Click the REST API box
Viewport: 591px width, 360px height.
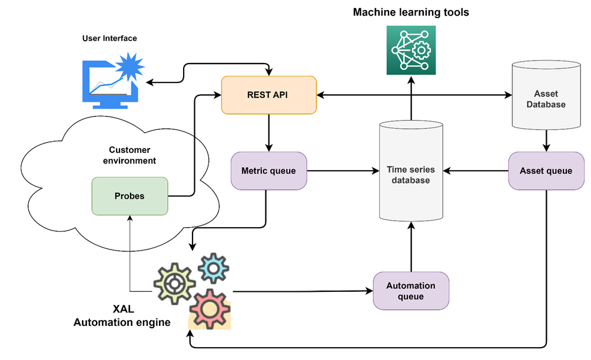coord(269,95)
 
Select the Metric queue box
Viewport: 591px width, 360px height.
coord(268,171)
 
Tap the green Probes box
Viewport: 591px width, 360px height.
coord(130,196)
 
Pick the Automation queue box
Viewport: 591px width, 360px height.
coord(411,291)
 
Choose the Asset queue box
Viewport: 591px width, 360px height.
coord(546,171)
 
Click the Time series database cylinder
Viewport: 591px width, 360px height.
coord(411,174)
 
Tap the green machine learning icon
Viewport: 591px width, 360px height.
coord(411,50)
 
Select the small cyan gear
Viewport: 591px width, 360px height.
coord(213,268)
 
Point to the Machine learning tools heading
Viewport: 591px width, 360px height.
coord(411,12)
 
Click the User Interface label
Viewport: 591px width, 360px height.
coord(109,38)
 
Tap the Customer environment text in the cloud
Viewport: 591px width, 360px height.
coord(129,155)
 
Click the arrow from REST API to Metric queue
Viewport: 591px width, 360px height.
coord(269,132)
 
